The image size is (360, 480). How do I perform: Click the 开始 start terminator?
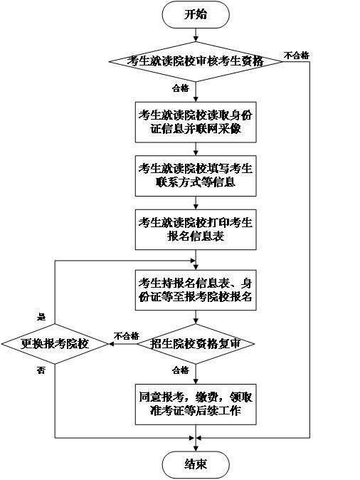point(196,15)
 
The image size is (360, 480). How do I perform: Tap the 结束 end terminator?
point(196,465)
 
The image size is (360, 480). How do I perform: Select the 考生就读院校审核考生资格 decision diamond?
point(196,61)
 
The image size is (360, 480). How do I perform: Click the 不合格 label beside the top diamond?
point(297,56)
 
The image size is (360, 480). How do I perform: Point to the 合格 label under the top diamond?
point(181,88)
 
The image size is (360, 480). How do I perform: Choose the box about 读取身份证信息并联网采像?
point(196,122)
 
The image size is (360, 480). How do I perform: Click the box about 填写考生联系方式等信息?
point(196,176)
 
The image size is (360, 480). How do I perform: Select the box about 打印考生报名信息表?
point(196,229)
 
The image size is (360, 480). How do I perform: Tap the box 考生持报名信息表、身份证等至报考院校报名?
point(196,290)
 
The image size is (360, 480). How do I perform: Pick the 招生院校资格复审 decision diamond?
point(196,344)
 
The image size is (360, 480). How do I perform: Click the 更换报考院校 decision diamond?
point(55,344)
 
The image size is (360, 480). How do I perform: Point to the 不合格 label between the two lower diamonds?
point(127,336)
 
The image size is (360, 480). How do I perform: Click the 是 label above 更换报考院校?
point(41,317)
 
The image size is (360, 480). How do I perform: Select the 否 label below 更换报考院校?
point(41,370)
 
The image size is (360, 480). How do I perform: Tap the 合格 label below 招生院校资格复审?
point(181,370)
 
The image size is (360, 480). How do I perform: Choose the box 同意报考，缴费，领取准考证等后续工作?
point(196,405)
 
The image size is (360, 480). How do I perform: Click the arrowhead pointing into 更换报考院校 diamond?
point(111,344)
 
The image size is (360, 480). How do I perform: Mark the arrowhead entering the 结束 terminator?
point(196,449)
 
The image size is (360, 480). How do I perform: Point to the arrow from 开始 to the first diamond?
point(196,35)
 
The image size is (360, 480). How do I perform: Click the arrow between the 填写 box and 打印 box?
point(196,203)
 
